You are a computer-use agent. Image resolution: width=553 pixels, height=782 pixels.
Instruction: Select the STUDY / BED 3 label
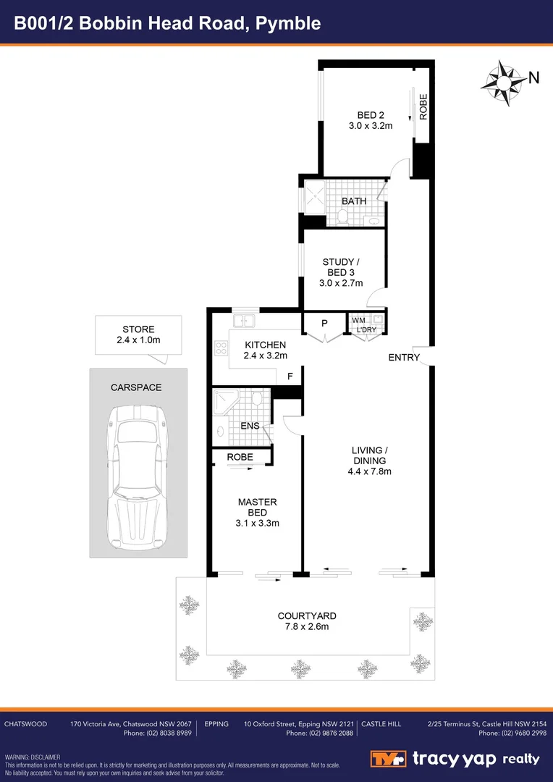coord(340,266)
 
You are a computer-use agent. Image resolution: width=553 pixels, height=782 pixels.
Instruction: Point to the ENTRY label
coord(403,357)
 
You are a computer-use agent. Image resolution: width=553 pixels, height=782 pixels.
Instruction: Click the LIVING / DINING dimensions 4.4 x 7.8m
coord(369,471)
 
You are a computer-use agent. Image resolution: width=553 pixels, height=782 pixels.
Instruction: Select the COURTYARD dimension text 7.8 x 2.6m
coord(307,627)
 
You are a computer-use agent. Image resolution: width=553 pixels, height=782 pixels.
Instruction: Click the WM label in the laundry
coord(358,320)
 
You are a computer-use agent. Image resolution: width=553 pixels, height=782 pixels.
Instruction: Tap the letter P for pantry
coord(324,323)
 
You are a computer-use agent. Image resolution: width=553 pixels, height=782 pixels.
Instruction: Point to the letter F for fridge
coord(290,377)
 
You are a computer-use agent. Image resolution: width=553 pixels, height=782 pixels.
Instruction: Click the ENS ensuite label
coord(250,426)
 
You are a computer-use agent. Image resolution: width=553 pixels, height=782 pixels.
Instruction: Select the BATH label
coord(354,201)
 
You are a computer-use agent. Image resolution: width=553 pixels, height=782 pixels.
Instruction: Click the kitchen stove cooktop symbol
coord(221,348)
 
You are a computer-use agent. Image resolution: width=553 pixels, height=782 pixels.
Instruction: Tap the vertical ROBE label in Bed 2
coord(423,107)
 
